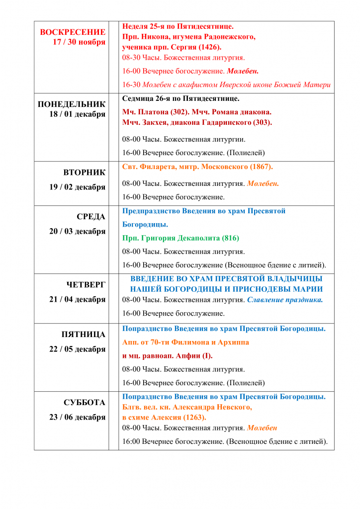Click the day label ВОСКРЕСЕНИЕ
[x=73, y=32]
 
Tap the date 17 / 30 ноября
[x=79, y=42]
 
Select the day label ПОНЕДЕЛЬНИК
[x=72, y=104]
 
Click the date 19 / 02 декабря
[x=78, y=187]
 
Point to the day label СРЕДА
[x=91, y=217]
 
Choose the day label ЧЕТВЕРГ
[x=86, y=285]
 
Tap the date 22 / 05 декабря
[x=78, y=349]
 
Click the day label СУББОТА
[x=85, y=403]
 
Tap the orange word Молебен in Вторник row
[x=263, y=183]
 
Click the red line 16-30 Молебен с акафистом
[x=226, y=85]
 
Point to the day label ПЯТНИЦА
[x=84, y=335]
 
